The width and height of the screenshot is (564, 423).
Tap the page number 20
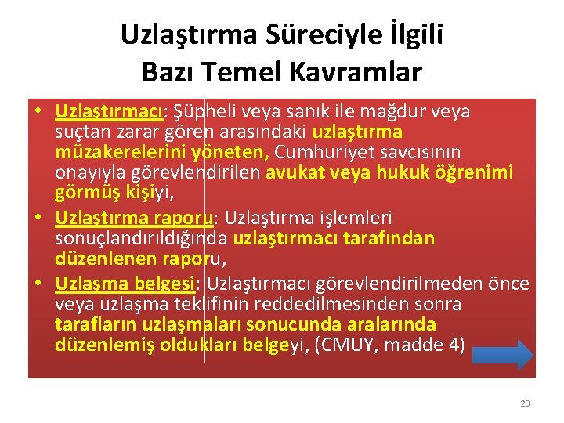525,403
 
